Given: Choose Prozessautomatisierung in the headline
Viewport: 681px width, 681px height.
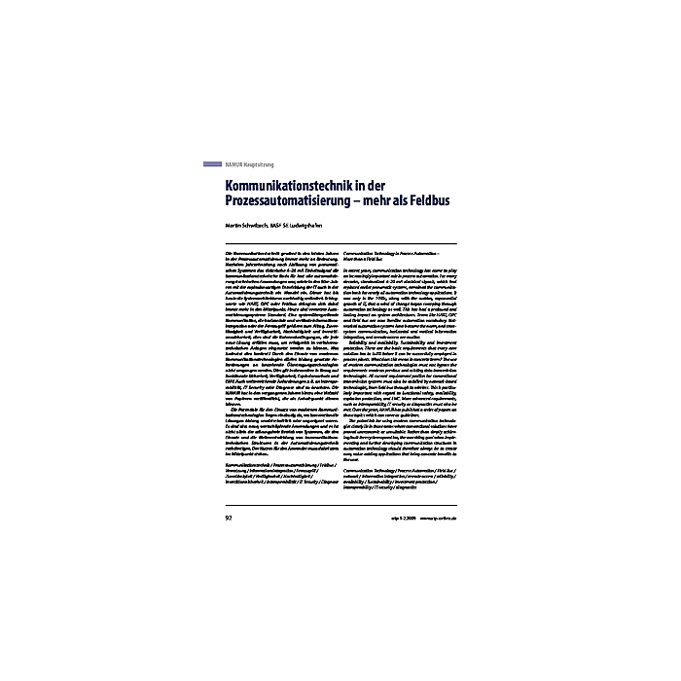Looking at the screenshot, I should pos(289,201).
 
